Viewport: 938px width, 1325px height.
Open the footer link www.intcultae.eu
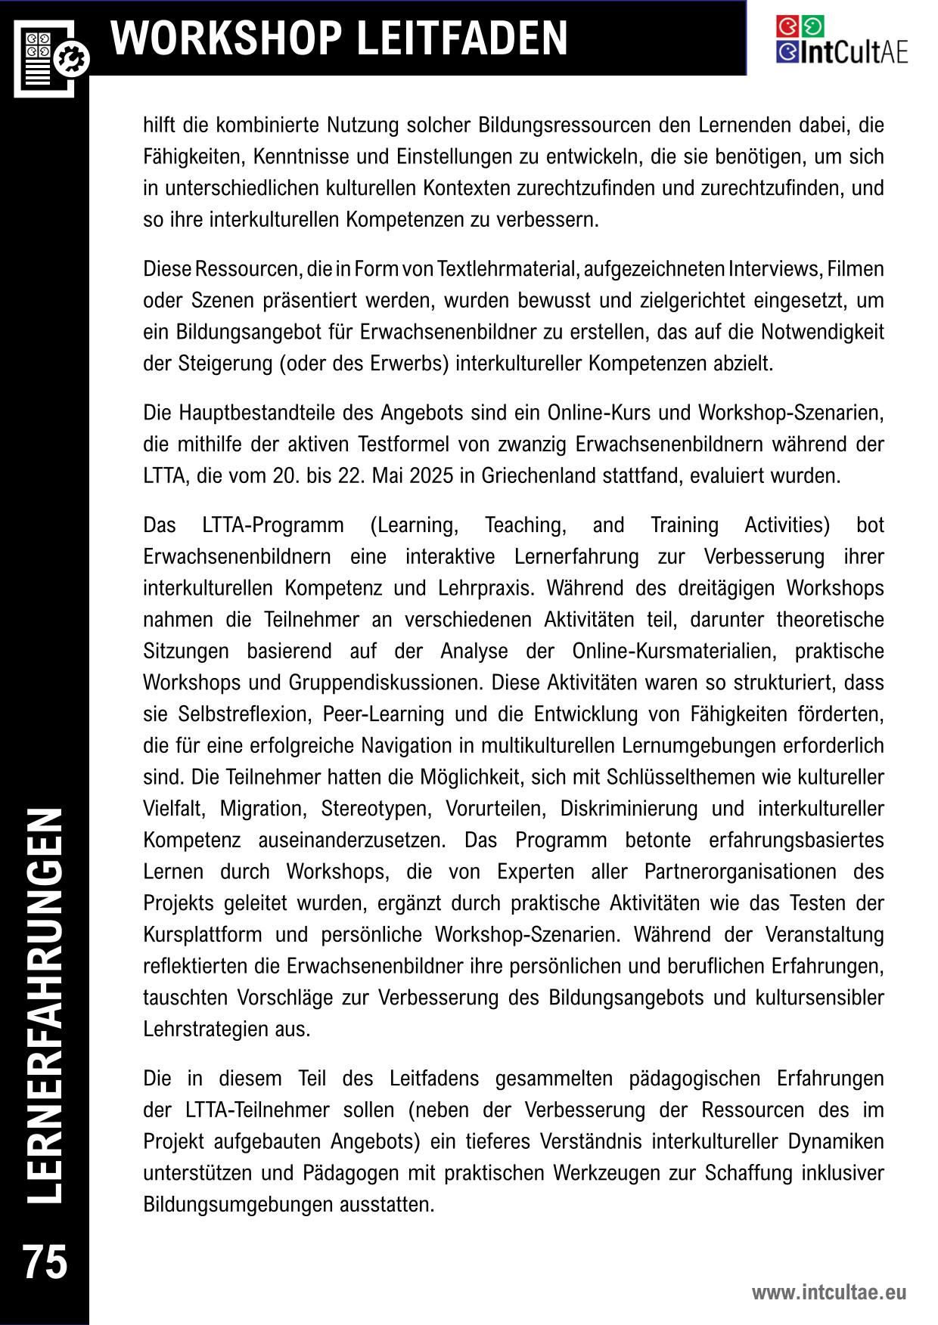pos(828,1292)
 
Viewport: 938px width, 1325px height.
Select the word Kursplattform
pos(203,935)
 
